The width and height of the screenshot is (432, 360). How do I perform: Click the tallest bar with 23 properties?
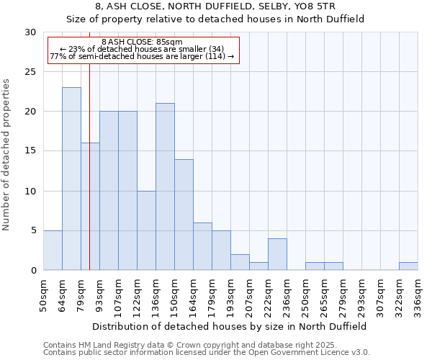71,179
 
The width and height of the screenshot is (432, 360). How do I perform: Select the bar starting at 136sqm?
165,186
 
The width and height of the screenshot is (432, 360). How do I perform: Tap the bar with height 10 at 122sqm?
146,230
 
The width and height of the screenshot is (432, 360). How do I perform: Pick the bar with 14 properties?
184,215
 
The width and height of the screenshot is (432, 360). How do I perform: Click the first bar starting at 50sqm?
53,250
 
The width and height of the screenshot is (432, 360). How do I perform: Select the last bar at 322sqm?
408,266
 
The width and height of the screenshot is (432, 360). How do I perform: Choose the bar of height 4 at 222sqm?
277,254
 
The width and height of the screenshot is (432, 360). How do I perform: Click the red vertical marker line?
89,180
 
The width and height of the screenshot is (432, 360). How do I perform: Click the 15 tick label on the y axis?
30,151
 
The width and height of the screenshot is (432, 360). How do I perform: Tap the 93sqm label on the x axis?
99,294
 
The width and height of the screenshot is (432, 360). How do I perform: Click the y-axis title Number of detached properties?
7,155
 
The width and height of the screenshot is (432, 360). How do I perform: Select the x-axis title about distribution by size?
230,326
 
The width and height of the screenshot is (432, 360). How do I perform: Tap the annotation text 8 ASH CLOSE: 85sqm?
142,42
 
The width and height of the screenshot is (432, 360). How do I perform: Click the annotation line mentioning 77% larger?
142,56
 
